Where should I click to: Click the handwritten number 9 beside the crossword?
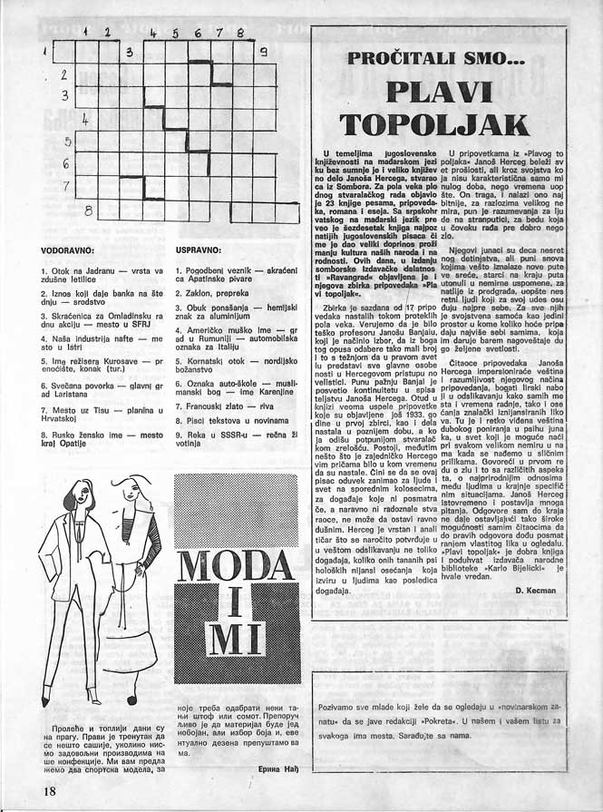(x=263, y=52)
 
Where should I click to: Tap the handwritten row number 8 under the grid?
(x=88, y=210)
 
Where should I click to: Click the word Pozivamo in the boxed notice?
(x=341, y=705)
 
